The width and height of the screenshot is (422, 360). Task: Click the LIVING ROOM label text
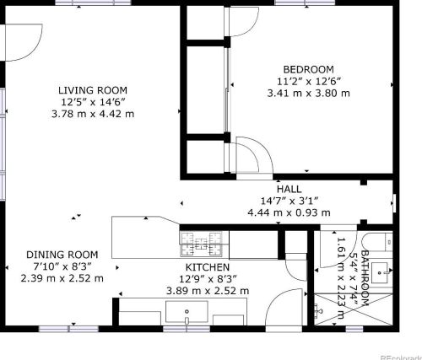93,90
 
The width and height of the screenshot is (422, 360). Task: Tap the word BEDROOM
308,69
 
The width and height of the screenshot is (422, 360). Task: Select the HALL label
289,190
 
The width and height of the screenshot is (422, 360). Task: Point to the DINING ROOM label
62,254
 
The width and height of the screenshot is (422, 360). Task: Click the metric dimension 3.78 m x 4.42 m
93,114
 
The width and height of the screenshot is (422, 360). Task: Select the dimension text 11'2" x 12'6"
308,81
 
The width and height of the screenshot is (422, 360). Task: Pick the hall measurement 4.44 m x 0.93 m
289,213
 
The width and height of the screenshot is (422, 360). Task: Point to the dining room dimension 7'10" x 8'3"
62,266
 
